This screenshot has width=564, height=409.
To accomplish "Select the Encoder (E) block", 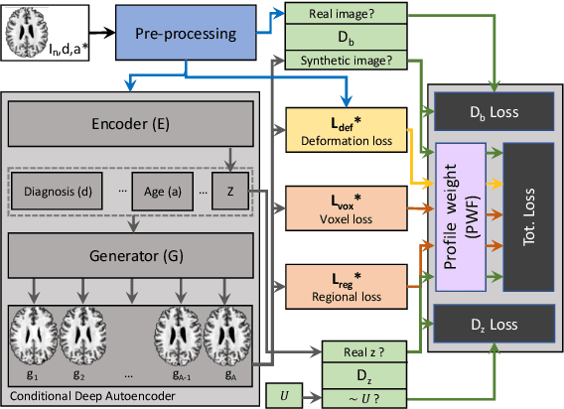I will [x=131, y=126].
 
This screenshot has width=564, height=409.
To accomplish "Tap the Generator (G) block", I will [x=131, y=256].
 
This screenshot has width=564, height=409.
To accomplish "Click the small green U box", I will [x=285, y=395].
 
